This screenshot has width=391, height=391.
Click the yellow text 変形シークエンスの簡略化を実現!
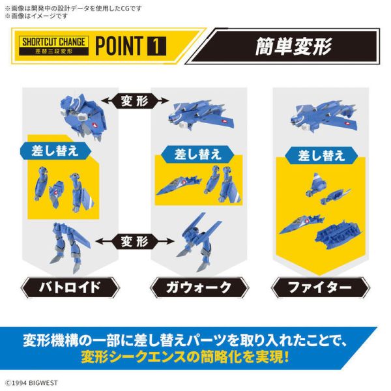pyautogui.click(x=186, y=357)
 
